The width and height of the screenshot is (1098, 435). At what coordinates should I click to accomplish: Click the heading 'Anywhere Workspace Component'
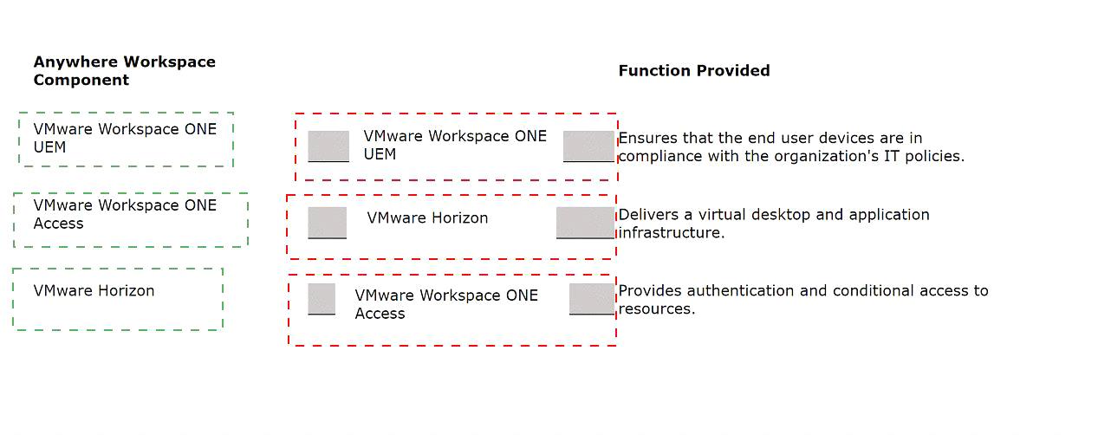click(125, 71)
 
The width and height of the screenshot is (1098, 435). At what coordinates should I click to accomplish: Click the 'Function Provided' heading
click(694, 71)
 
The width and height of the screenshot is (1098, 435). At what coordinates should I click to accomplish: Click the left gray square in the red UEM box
click(328, 146)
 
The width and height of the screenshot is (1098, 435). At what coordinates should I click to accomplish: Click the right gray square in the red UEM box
click(588, 146)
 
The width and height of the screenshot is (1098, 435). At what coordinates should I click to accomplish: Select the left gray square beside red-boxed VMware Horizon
click(327, 223)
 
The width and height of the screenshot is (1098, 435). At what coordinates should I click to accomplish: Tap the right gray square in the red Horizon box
click(585, 223)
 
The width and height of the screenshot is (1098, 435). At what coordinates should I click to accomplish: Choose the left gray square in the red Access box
click(322, 299)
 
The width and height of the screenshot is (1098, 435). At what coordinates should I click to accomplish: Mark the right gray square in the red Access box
click(592, 299)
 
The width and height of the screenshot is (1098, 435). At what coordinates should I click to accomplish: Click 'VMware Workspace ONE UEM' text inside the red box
click(455, 145)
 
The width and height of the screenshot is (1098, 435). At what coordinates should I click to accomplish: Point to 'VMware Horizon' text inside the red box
click(427, 218)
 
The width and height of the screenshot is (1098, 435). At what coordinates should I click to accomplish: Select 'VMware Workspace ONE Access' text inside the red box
click(446, 304)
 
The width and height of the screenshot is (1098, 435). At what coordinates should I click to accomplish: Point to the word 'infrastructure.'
click(672, 233)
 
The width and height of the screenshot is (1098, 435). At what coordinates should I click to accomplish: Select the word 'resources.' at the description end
click(657, 309)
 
